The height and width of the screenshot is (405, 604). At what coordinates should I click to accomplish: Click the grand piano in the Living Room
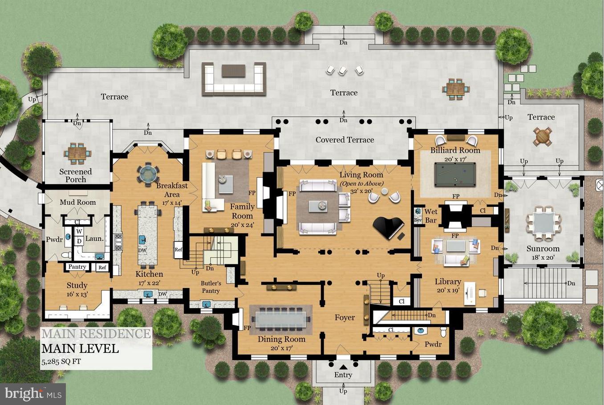pyautogui.click(x=389, y=227)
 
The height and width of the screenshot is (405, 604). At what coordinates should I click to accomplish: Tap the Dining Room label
pyautogui.click(x=281, y=339)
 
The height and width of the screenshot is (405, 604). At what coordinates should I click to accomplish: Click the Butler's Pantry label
pyautogui.click(x=211, y=287)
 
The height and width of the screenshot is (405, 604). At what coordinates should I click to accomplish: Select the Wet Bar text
pyautogui.click(x=430, y=216)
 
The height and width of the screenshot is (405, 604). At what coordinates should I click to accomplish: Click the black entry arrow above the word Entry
pyautogui.click(x=343, y=367)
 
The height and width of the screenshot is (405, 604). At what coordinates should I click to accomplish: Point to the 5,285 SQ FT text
pyautogui.click(x=61, y=361)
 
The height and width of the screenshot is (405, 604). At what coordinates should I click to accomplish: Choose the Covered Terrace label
pyautogui.click(x=345, y=140)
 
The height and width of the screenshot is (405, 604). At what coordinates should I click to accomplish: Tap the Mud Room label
pyautogui.click(x=78, y=202)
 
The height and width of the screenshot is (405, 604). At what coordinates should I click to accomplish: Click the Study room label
pyautogui.click(x=77, y=285)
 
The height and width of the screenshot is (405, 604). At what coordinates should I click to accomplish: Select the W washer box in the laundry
pyautogui.click(x=79, y=231)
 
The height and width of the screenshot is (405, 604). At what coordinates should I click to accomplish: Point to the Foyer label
pyautogui.click(x=345, y=317)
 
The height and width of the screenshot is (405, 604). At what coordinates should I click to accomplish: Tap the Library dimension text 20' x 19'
pyautogui.click(x=447, y=291)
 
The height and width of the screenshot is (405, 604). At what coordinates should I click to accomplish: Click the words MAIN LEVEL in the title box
pyautogui.click(x=80, y=348)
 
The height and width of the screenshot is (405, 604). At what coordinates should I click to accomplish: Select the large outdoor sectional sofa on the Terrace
pyautogui.click(x=233, y=79)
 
